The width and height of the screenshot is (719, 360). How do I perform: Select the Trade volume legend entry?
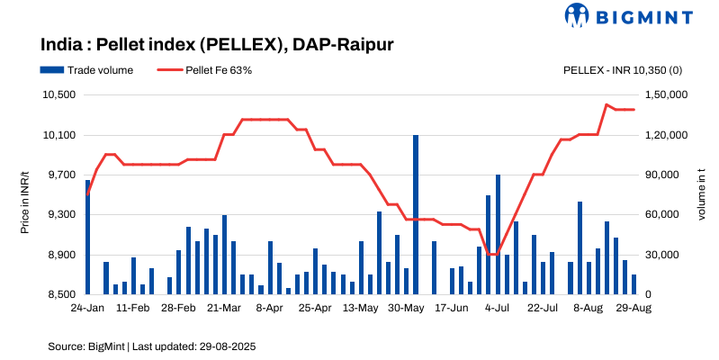point(86,70)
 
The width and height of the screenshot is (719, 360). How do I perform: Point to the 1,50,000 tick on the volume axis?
point(667,95)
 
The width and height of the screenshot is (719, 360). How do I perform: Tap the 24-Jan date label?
point(87,308)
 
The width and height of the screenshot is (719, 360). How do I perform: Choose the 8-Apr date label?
point(269,308)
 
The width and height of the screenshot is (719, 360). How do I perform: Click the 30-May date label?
point(406,308)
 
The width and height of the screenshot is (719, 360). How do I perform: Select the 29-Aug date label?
point(634,308)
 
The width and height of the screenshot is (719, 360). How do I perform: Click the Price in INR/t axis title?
point(25,194)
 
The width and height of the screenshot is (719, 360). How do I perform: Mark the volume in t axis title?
point(701,194)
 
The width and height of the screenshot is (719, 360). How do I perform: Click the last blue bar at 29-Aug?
point(634,284)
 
